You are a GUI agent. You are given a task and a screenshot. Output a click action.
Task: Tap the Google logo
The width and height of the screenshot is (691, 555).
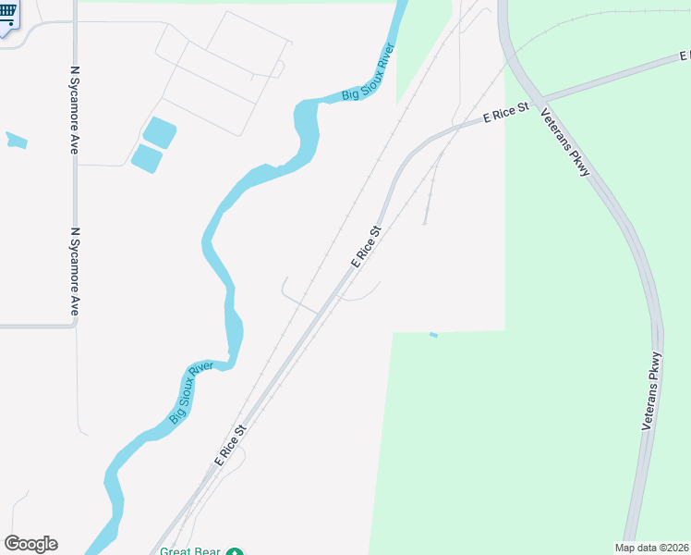(x=30, y=544)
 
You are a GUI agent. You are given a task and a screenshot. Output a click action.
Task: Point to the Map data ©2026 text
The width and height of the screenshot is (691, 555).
(x=651, y=548)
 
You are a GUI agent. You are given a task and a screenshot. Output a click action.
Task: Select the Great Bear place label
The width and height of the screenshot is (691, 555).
(x=189, y=551)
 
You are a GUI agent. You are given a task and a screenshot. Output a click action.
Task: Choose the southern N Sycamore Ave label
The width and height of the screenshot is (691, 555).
(x=75, y=272)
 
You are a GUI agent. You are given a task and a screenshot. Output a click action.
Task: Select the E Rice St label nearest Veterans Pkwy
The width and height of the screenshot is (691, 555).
(x=505, y=115)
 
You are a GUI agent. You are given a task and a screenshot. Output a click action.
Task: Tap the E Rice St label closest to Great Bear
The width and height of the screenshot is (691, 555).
(x=231, y=445)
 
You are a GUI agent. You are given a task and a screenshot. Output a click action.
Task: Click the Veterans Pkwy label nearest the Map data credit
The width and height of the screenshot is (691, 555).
(x=652, y=389)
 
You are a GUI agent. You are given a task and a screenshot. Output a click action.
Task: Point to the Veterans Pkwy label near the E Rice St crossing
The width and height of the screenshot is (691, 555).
(x=565, y=143)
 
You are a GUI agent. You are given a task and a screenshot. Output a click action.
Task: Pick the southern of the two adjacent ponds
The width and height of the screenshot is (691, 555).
(x=147, y=159)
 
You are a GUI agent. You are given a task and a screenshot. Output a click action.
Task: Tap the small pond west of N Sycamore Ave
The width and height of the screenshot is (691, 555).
(x=17, y=141)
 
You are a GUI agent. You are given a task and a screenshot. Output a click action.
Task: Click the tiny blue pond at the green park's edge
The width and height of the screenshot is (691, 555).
(x=433, y=334)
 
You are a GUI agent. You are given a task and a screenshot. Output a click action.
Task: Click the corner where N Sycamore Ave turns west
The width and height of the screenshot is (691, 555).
(x=75, y=325)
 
